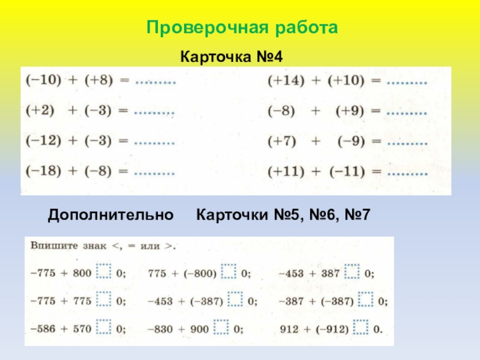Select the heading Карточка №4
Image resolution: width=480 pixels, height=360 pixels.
[x=232, y=57]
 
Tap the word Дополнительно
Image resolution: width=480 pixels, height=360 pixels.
[x=111, y=214]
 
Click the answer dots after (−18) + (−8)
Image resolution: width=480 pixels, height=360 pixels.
[x=154, y=173]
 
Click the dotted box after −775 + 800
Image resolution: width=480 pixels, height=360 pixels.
[x=104, y=273]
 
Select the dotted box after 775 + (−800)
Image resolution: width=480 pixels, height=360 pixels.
[x=228, y=273]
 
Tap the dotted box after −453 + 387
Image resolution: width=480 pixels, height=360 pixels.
[x=352, y=274]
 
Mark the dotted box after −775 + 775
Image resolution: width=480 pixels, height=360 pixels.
[x=104, y=301]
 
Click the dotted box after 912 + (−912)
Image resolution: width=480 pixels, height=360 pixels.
[x=360, y=328]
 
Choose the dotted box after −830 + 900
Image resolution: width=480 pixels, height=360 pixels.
[x=222, y=328]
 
